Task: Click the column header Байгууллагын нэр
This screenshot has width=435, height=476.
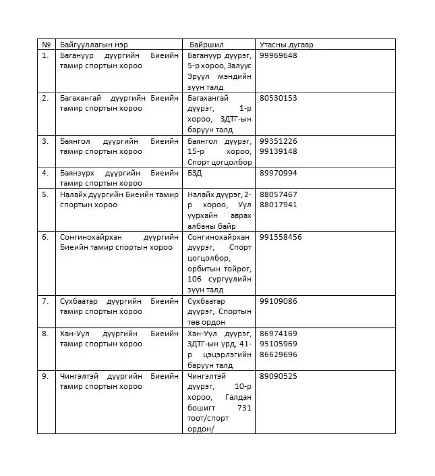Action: point(94,45)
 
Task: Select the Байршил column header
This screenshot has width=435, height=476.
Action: point(207,45)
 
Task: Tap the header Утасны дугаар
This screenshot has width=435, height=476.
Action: point(286,45)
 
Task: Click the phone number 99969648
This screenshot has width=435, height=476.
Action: point(278,56)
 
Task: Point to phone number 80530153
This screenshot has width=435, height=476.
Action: point(278,98)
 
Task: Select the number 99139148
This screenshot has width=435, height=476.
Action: point(278,152)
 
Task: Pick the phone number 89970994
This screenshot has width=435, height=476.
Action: point(278,173)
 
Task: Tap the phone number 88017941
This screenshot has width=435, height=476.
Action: point(278,205)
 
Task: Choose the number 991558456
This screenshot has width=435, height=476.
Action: point(281,237)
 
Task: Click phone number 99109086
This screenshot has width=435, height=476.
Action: point(278,301)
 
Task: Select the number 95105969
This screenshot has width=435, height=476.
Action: point(278,344)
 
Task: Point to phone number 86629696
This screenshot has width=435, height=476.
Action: point(278,354)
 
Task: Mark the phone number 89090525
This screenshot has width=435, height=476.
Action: point(278,376)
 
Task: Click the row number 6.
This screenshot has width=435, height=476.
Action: point(45,237)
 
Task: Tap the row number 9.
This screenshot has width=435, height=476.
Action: point(45,376)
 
